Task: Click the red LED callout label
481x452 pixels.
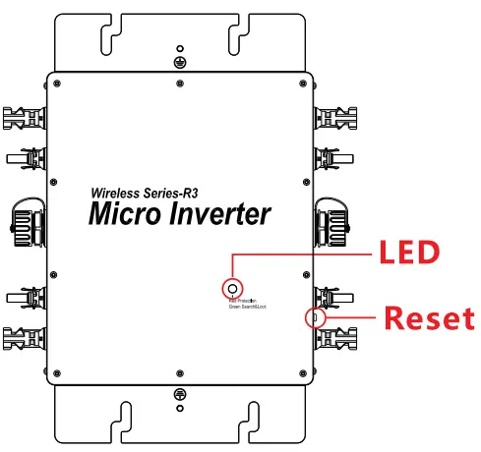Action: coord(409,254)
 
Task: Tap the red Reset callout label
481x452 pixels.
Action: coord(428,318)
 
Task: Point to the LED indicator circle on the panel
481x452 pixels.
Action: coord(232,288)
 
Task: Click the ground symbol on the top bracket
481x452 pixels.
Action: coord(178,61)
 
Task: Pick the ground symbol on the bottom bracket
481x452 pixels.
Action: coord(178,393)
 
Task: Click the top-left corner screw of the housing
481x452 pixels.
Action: coord(60,82)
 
